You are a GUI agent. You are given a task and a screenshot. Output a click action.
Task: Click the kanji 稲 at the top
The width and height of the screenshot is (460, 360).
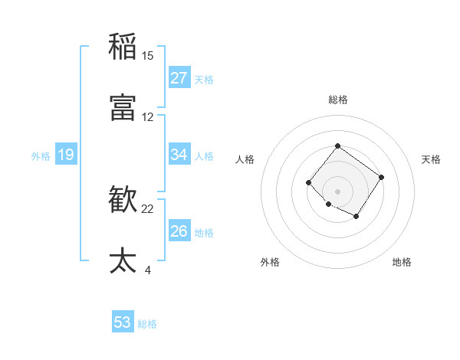(x=123, y=46)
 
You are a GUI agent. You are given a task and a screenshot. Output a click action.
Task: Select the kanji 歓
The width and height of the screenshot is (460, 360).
(x=123, y=199)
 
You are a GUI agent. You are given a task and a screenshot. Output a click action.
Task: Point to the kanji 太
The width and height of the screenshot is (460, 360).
(x=123, y=260)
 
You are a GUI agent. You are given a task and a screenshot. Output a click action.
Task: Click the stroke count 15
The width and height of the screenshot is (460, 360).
(x=148, y=56)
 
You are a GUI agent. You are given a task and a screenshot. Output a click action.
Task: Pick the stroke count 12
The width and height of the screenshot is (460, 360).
(x=148, y=117)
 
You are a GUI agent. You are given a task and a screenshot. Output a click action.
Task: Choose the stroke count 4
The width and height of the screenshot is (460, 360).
(x=148, y=270)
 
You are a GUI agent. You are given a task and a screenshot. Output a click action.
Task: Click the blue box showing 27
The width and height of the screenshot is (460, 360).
(x=179, y=78)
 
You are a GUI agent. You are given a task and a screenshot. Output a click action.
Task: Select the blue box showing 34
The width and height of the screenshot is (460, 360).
(x=179, y=155)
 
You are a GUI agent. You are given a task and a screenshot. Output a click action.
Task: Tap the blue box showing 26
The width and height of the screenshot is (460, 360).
(x=179, y=231)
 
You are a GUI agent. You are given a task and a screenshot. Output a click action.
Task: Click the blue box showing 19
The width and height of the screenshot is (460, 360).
(x=66, y=155)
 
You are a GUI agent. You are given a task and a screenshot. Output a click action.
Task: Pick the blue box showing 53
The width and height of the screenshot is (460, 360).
(x=123, y=322)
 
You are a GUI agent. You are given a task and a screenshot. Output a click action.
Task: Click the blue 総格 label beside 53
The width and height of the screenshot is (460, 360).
(x=147, y=324)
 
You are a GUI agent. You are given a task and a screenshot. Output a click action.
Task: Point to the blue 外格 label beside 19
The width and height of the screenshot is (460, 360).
(x=41, y=156)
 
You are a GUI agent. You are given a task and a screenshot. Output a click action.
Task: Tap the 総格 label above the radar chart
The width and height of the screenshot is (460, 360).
(x=338, y=100)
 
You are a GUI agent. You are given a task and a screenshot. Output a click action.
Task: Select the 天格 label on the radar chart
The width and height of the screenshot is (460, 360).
(x=432, y=159)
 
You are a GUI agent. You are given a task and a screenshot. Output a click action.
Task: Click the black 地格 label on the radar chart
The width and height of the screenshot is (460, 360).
(x=402, y=262)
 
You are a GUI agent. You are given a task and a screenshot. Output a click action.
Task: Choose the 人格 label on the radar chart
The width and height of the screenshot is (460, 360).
(x=245, y=159)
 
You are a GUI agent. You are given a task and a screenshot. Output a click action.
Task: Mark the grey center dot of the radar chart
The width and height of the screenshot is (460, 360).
(x=338, y=191)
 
